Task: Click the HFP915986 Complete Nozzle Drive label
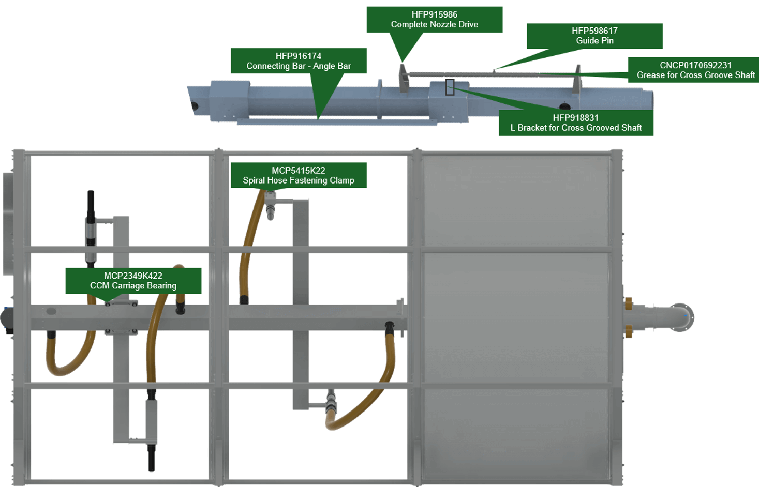434,20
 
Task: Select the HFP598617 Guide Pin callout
594,36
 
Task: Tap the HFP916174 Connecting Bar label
298,61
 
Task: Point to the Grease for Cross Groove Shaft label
695,75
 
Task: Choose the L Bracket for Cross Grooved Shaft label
575,128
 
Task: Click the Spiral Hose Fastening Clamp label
299,180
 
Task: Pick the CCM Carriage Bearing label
133,286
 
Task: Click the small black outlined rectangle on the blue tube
450,87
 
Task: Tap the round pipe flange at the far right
681,317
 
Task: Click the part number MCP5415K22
299,170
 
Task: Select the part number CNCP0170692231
695,65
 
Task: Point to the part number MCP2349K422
133,276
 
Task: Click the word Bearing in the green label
161,286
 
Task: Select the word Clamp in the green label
341,180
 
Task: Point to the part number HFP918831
575,118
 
